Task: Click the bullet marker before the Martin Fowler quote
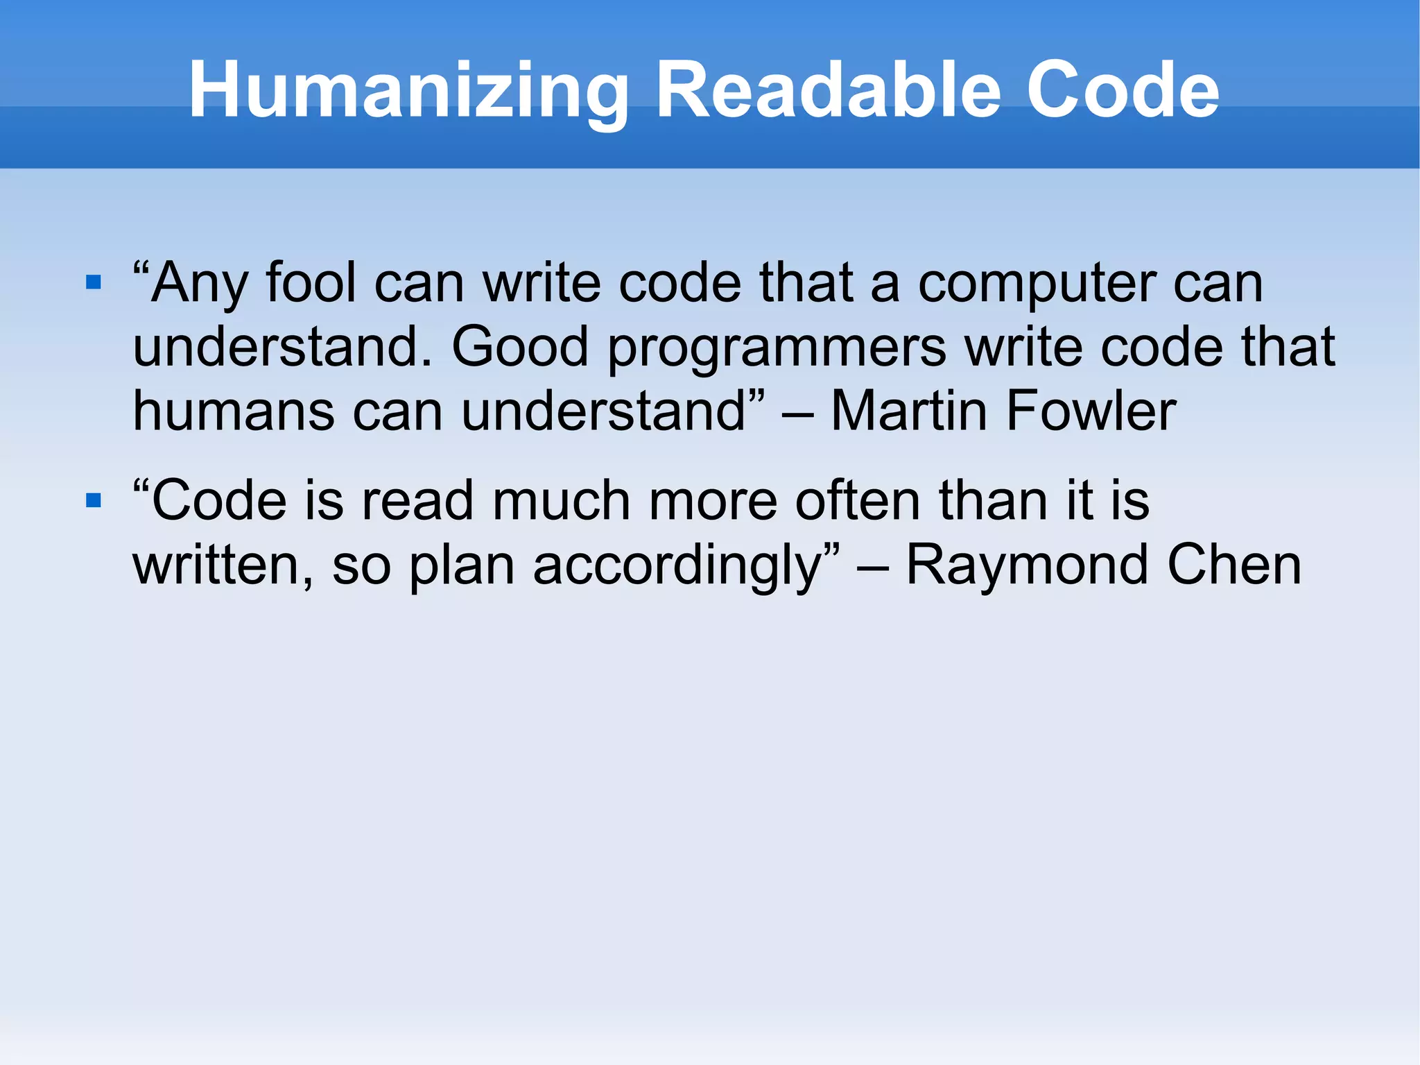click(x=94, y=282)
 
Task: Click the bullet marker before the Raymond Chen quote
click(x=94, y=500)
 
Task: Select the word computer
click(x=1037, y=284)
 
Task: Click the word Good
click(x=520, y=346)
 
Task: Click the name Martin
click(x=908, y=411)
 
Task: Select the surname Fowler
click(x=1091, y=411)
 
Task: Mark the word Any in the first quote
click(x=200, y=284)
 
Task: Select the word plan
click(x=462, y=566)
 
